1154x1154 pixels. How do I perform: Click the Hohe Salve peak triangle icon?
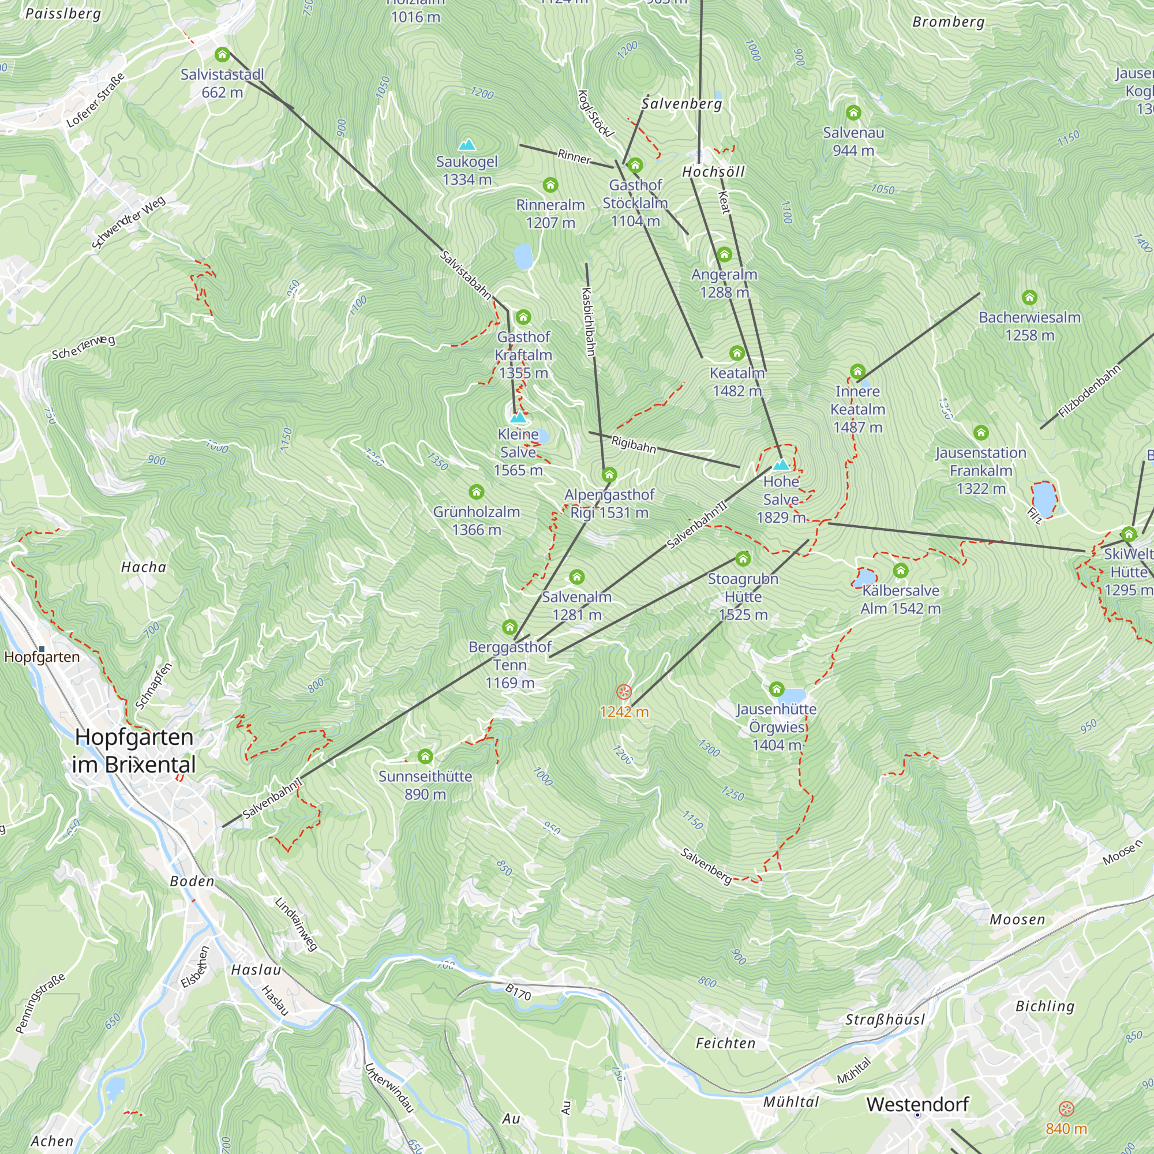[781, 464]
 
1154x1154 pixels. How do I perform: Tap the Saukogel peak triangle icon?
[467, 145]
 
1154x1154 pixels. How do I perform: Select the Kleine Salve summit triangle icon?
[519, 417]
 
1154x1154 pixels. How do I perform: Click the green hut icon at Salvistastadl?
[222, 55]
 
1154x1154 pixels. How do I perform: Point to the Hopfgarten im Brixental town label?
[134, 751]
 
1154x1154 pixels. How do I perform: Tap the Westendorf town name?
[917, 1104]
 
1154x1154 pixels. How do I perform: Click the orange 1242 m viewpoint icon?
[624, 692]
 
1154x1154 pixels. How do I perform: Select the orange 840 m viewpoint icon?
[1066, 1109]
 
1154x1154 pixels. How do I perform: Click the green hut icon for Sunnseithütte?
[425, 757]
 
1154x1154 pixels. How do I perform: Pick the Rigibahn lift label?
[634, 444]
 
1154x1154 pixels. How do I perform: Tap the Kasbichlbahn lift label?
[589, 322]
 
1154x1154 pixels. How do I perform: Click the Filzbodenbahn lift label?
[1089, 392]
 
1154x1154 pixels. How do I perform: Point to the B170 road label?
[518, 992]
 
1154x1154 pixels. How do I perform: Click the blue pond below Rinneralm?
[523, 256]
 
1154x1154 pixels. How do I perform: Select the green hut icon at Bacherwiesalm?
[1029, 298]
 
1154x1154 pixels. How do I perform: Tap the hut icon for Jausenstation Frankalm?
[981, 432]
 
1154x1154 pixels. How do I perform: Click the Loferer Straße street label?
[96, 100]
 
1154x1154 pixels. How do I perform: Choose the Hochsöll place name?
[714, 172]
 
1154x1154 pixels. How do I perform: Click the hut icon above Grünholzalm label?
[476, 492]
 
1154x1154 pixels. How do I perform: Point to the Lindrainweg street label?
[296, 923]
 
